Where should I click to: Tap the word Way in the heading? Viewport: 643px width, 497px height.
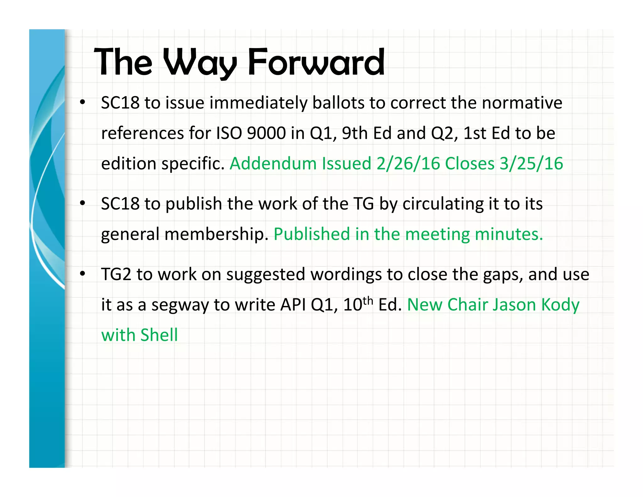200,63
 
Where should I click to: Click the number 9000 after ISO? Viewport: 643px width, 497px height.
266,133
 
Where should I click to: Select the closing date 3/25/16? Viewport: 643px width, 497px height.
531,164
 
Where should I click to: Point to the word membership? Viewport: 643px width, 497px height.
216,234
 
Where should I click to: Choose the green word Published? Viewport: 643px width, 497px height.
311,234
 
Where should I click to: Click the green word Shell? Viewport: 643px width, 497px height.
159,335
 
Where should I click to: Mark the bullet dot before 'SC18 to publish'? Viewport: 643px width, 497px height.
83,204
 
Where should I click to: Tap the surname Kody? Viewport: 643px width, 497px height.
560,305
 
